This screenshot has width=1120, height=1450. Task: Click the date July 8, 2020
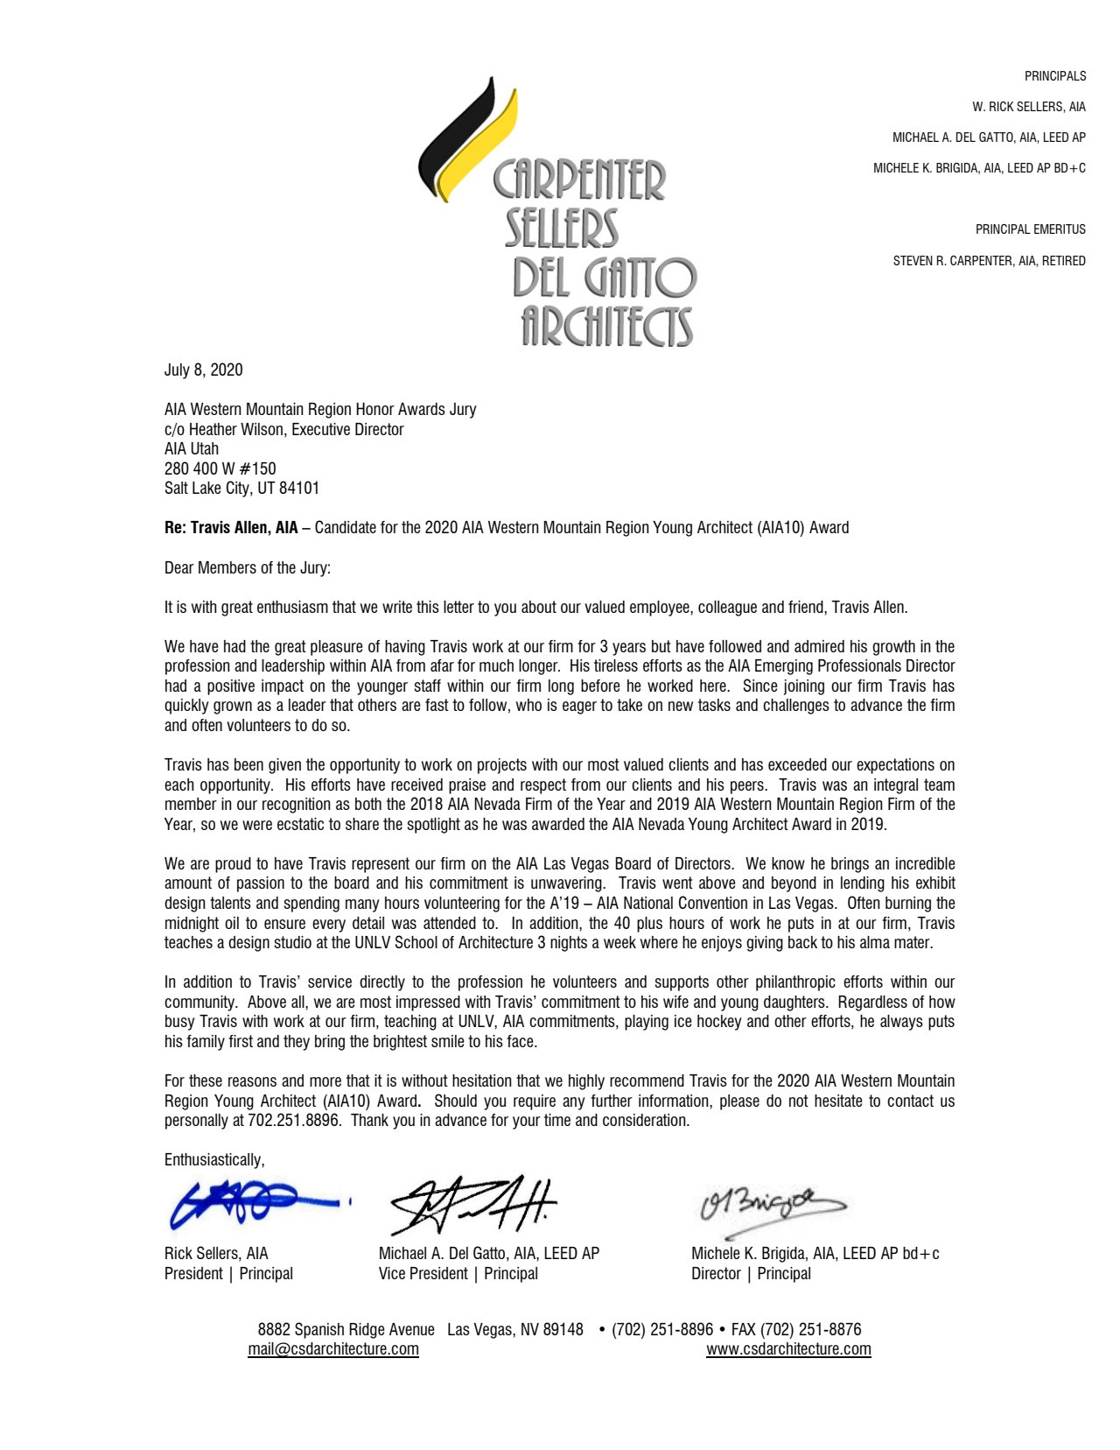click(203, 370)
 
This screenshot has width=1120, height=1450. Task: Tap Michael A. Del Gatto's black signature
click(472, 1204)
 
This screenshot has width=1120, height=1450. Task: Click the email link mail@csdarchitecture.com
click(333, 1348)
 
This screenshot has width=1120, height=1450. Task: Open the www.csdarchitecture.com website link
click(788, 1348)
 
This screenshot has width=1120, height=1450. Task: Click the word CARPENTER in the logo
click(579, 180)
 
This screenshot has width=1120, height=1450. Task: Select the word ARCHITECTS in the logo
click(607, 327)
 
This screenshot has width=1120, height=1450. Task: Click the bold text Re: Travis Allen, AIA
click(231, 527)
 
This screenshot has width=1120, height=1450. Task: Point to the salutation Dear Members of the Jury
click(248, 567)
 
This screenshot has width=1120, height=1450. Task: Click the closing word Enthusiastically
click(213, 1159)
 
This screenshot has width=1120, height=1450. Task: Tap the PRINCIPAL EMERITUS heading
click(1030, 229)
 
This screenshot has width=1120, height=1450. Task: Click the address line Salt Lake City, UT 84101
click(241, 488)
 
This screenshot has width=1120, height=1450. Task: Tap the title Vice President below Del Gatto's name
click(423, 1273)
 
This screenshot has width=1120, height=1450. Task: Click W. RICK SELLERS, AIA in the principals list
click(1028, 107)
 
